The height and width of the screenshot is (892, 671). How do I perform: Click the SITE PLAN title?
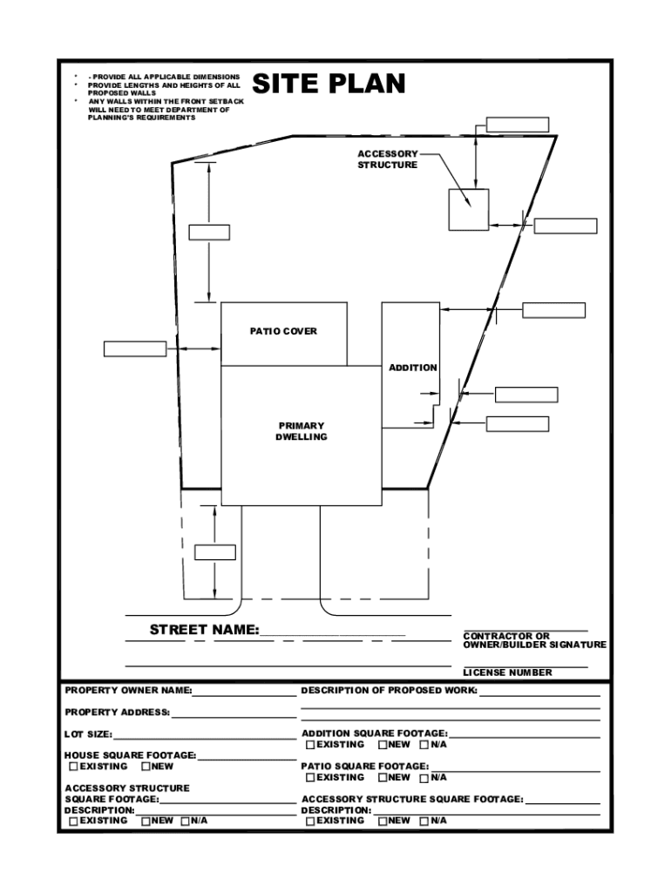click(329, 84)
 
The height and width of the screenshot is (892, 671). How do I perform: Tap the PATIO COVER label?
click(283, 332)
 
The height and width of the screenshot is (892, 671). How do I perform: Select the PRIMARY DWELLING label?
click(302, 431)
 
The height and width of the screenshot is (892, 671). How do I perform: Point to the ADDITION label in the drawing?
click(413, 368)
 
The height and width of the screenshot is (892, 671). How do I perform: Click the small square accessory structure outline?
click(469, 209)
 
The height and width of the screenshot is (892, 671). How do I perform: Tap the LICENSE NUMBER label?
click(507, 672)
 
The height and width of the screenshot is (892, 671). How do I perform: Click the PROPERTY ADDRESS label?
click(117, 713)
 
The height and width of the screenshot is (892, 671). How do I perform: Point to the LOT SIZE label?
click(87, 734)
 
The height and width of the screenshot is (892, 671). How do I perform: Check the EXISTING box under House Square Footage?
click(73, 767)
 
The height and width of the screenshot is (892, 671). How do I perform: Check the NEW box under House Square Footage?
click(146, 767)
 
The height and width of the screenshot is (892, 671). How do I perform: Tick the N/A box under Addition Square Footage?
click(424, 745)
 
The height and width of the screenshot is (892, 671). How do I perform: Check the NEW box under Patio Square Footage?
click(383, 777)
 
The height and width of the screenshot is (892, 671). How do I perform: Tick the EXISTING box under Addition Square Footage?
click(310, 745)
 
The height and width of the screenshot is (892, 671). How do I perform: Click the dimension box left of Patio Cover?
click(134, 348)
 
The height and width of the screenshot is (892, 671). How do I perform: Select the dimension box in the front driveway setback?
click(214, 551)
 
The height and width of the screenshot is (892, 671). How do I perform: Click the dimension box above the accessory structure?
click(518, 124)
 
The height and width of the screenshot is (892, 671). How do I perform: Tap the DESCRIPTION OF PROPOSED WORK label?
click(389, 691)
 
